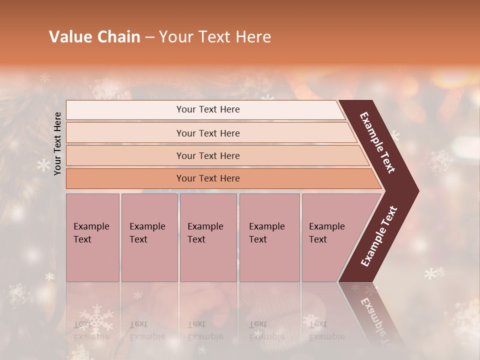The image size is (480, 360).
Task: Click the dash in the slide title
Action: [x=149, y=37]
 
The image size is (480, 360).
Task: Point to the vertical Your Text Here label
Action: [x=57, y=143]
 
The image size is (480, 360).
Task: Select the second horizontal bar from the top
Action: [x=207, y=133]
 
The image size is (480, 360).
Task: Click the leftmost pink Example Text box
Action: [x=92, y=237]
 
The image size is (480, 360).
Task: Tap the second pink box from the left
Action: [x=149, y=237]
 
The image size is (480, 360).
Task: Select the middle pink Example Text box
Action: [x=208, y=237]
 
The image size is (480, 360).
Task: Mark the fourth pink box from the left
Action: [x=269, y=237]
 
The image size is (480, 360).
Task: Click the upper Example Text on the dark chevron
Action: [x=378, y=142]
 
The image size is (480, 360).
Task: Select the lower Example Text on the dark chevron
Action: [x=379, y=236]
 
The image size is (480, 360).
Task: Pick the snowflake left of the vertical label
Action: [x=44, y=165]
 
